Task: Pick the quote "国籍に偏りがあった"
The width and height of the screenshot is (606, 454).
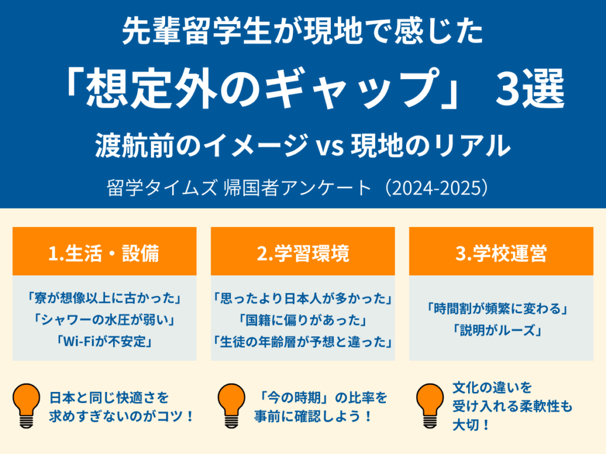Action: [x=302, y=320]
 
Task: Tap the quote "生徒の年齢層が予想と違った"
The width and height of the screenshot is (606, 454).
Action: [x=302, y=342]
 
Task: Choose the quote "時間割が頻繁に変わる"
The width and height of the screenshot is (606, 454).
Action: [x=501, y=309]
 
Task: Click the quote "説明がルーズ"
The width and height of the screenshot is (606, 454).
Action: [x=501, y=330]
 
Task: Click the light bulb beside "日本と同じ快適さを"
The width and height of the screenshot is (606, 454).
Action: [x=27, y=406]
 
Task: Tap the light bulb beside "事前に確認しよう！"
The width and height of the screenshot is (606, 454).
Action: [x=231, y=406]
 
